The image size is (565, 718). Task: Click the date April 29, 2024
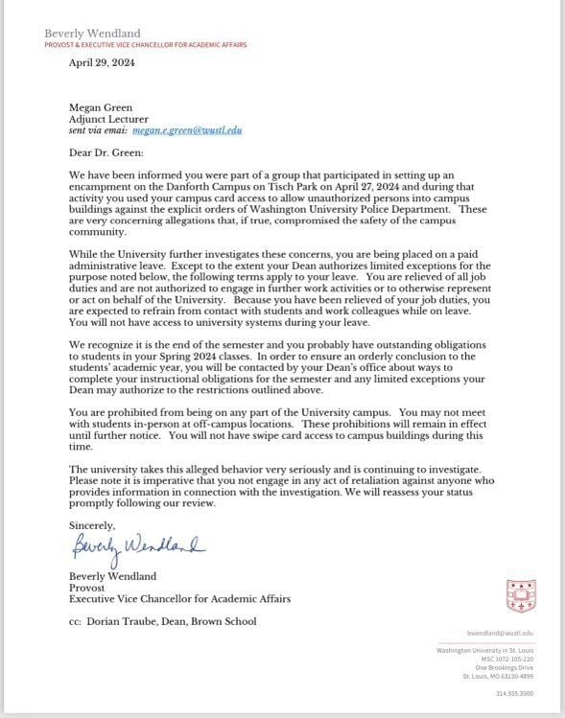[x=102, y=63]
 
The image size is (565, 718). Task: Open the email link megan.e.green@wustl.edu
[x=187, y=129]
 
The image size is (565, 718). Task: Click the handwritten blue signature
[x=137, y=547]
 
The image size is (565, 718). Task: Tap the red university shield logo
[x=520, y=595]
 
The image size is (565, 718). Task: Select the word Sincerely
[x=92, y=525]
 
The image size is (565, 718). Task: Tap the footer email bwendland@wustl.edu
[x=500, y=634]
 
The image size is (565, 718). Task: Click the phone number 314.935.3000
[x=514, y=693]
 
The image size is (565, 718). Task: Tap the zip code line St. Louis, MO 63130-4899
[x=498, y=676]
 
